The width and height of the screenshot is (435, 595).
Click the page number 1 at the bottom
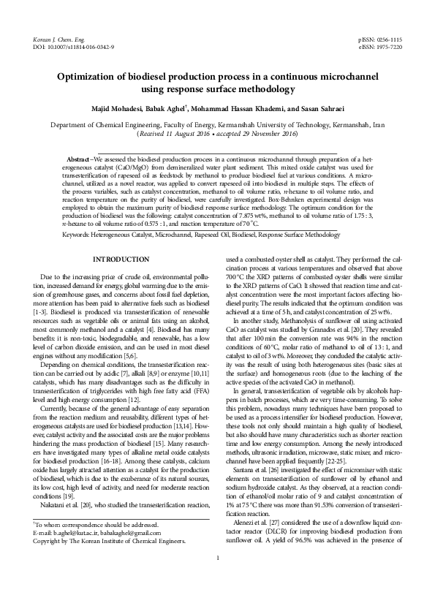(217, 580)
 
